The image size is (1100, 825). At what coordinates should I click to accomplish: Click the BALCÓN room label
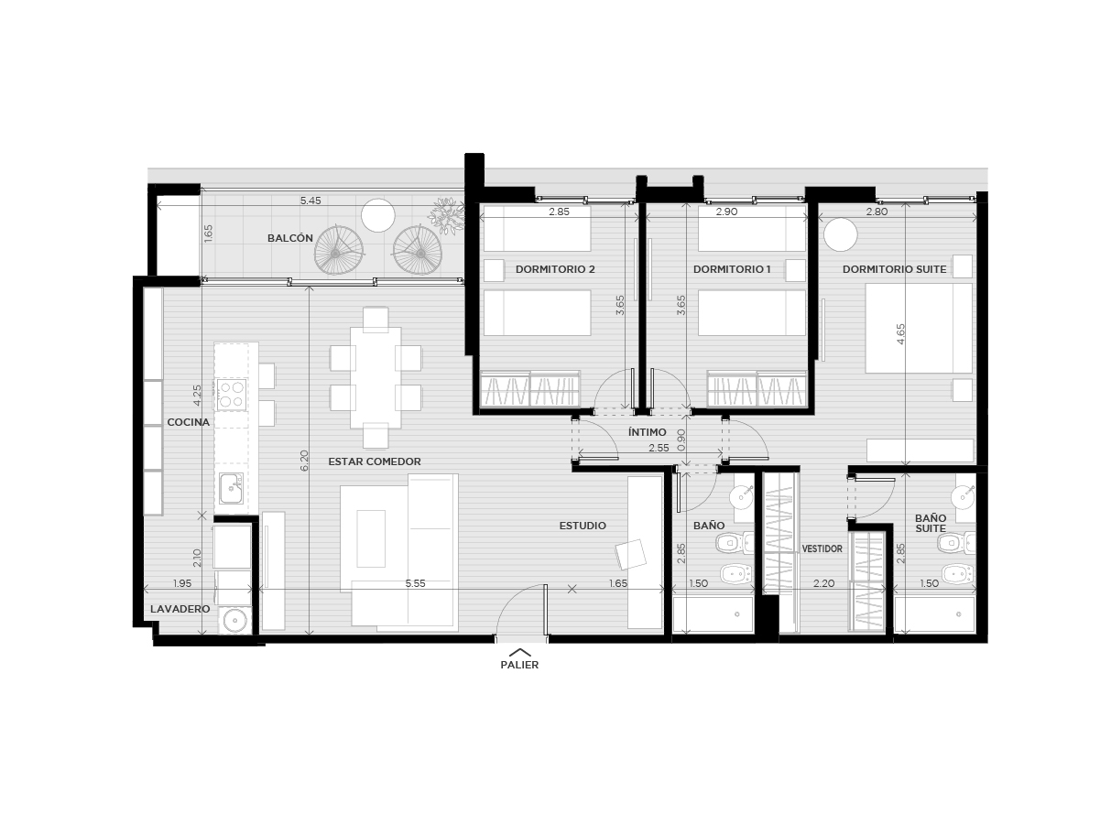[289, 238]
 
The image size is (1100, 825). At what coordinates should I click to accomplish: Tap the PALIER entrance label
[519, 665]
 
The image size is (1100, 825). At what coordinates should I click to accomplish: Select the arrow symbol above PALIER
[519, 652]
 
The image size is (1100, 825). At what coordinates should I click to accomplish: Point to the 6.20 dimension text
[304, 461]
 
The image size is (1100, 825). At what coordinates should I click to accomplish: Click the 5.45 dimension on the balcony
[310, 201]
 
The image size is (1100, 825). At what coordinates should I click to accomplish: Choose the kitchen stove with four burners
[231, 395]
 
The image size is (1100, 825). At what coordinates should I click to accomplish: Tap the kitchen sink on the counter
[231, 488]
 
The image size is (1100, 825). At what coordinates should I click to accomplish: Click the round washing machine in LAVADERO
[234, 621]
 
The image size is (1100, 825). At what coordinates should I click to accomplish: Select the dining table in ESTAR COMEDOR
[376, 377]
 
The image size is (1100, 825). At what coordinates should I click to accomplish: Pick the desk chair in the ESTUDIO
[630, 554]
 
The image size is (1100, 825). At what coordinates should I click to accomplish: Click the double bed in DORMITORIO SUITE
[919, 328]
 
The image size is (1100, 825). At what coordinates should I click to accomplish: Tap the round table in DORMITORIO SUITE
[841, 234]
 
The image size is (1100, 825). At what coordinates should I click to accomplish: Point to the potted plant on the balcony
[446, 216]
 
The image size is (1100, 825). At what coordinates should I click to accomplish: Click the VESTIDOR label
[822, 549]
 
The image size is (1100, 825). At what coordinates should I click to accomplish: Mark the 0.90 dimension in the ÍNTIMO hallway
[681, 440]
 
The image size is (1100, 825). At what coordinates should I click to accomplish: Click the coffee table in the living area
[371, 538]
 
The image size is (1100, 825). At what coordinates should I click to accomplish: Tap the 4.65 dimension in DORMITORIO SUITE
[900, 334]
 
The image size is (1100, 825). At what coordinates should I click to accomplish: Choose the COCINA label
[188, 422]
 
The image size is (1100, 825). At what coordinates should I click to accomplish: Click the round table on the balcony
[378, 215]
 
